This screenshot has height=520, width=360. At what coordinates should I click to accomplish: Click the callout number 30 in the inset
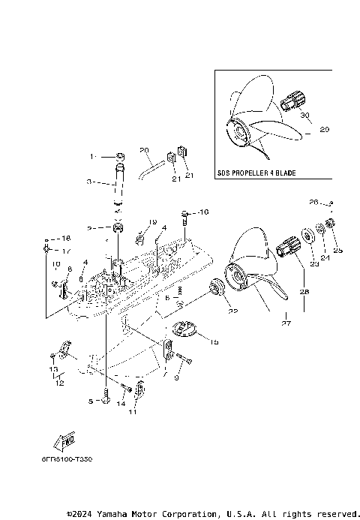tap(304, 116)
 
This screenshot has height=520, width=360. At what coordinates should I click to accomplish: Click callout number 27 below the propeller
tap(285, 324)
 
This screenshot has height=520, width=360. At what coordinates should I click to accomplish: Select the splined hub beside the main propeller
tap(289, 246)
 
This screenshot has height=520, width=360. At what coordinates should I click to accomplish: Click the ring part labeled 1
tap(121, 158)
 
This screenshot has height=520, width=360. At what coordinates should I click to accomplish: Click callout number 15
tap(214, 342)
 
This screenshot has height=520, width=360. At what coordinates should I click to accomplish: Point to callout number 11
tap(133, 412)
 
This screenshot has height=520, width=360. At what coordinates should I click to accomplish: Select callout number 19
tap(152, 222)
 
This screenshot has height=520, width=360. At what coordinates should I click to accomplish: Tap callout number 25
tap(337, 250)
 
